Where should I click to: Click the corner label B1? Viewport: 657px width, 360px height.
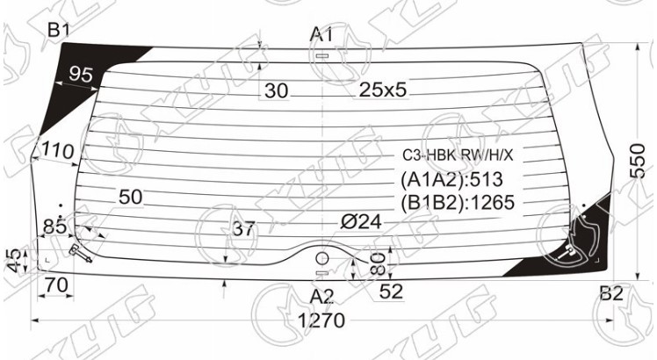[58, 31]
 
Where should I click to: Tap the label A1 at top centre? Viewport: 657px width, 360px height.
[321, 34]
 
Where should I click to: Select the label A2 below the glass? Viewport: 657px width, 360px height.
[321, 297]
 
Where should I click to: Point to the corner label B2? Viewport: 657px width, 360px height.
[611, 294]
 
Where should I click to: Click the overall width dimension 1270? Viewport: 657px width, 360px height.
[321, 320]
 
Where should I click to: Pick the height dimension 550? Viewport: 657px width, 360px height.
[639, 161]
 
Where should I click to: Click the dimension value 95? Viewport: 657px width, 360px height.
[81, 75]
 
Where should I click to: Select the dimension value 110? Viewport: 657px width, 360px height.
[58, 150]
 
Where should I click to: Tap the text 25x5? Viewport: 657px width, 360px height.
[383, 90]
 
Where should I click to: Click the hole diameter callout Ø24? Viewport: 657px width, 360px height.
[361, 221]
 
